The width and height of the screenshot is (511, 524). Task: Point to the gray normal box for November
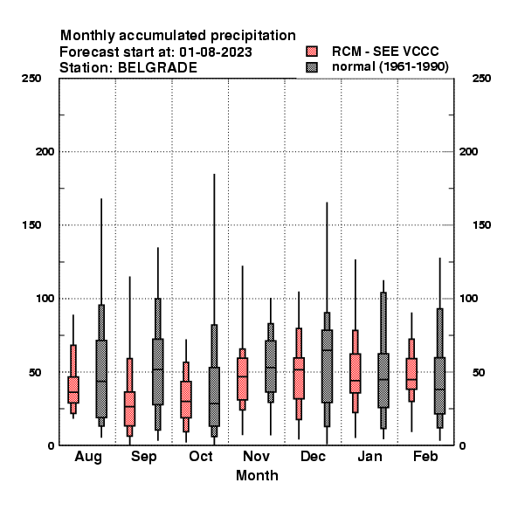[271, 366]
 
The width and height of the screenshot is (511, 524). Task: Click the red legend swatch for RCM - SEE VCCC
[312, 52]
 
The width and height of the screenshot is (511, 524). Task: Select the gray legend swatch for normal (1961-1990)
[312, 67]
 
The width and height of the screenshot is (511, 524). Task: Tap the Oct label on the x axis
[201, 456]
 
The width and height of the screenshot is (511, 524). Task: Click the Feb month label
[425, 456]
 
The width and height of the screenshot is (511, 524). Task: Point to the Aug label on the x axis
[88, 457]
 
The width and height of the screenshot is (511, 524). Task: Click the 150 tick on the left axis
[31, 225]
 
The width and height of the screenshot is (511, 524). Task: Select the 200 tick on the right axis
[468, 152]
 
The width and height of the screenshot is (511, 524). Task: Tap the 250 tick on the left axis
[31, 79]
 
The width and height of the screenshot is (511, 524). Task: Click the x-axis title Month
[257, 475]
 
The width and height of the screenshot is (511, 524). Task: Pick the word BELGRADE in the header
[157, 68]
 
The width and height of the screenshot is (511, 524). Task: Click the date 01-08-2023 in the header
[216, 52]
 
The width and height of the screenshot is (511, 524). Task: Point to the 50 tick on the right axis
[479, 372]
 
